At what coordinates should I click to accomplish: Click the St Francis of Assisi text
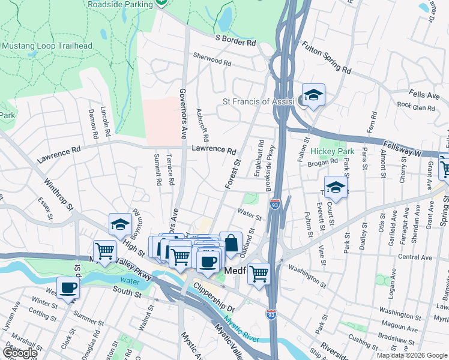click(259, 101)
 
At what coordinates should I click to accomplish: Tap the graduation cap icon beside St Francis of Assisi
click(313, 95)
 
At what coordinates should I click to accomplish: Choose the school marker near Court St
click(336, 188)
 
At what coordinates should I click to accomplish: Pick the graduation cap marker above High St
click(120, 225)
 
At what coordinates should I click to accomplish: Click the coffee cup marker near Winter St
click(68, 287)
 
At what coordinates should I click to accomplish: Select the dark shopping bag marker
click(231, 244)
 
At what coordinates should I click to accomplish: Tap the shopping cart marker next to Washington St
click(259, 274)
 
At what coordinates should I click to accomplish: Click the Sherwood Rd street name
click(212, 62)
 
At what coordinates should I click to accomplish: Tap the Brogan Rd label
click(325, 162)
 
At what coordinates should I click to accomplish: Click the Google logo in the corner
click(20, 353)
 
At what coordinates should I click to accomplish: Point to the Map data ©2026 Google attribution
click(411, 355)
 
